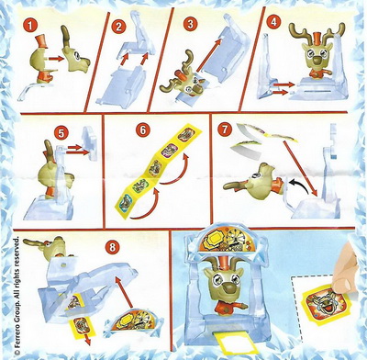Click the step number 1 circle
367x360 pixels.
(x=29, y=25)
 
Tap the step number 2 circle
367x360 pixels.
(x=118, y=27)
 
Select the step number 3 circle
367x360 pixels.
(x=190, y=24)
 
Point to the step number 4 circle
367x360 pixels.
(x=273, y=22)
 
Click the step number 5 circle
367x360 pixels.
(x=61, y=133)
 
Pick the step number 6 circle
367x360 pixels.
(x=142, y=129)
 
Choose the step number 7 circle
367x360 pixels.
(x=224, y=129)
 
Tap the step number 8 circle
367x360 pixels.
(x=113, y=247)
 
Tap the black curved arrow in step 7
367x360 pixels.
(x=300, y=185)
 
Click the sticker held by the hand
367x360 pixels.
(x=323, y=304)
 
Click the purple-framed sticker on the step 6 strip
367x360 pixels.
(x=167, y=150)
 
